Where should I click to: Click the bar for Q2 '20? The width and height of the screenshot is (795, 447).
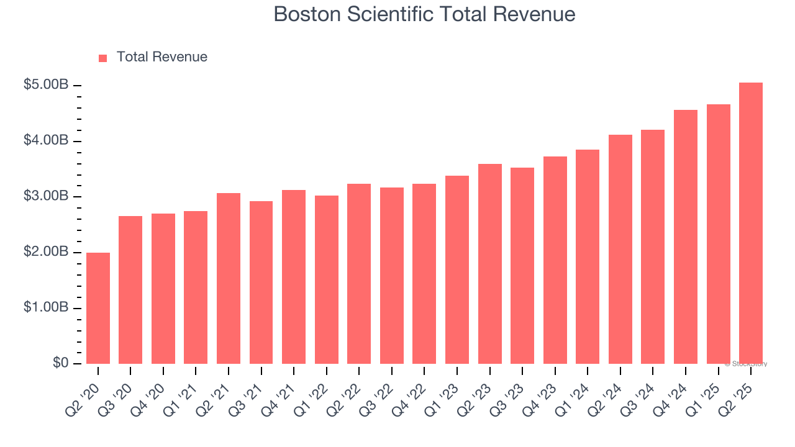click(98, 308)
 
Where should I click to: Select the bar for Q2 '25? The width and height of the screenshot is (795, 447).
click(751, 223)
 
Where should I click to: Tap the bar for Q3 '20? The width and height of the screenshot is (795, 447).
click(130, 290)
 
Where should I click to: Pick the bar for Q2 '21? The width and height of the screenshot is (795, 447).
click(229, 278)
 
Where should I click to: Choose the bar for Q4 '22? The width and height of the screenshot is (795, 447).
click(424, 274)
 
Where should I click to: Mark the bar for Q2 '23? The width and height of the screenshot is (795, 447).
click(489, 264)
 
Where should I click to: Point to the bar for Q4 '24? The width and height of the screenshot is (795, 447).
click(686, 237)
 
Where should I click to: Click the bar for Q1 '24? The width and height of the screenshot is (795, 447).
click(588, 256)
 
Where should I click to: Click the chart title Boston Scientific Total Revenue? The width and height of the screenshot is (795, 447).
click(424, 14)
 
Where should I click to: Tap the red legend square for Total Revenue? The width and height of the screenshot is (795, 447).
click(103, 58)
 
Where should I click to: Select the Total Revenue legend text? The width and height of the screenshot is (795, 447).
click(161, 57)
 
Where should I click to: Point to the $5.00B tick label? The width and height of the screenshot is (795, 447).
click(46, 85)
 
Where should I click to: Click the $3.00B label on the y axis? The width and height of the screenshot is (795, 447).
click(46, 196)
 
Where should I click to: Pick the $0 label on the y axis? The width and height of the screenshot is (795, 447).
click(60, 363)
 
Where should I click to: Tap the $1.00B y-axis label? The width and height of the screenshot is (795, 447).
click(46, 308)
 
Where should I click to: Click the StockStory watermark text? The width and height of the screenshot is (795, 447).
click(746, 364)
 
